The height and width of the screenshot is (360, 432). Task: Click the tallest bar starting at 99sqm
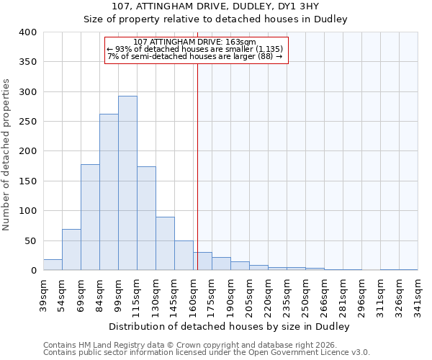tap(127, 184)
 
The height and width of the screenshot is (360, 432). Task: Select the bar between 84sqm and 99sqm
tap(109, 192)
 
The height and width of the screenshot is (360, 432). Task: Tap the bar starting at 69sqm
tap(90, 217)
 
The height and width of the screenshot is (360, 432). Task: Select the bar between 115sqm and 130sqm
tap(146, 219)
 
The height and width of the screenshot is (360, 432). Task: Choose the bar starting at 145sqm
tap(184, 256)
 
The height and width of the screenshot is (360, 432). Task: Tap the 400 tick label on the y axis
tap(27, 32)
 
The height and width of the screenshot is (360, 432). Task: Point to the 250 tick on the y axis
tap(27, 122)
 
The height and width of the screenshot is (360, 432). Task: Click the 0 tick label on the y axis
tap(33, 271)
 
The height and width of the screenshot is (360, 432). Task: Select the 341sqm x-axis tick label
tap(418, 294)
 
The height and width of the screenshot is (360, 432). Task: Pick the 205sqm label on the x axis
tap(249, 294)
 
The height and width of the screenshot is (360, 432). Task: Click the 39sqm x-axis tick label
tap(43, 294)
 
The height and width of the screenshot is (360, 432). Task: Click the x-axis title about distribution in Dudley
tap(230, 326)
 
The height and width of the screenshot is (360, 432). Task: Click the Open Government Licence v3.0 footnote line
tap(207, 353)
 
